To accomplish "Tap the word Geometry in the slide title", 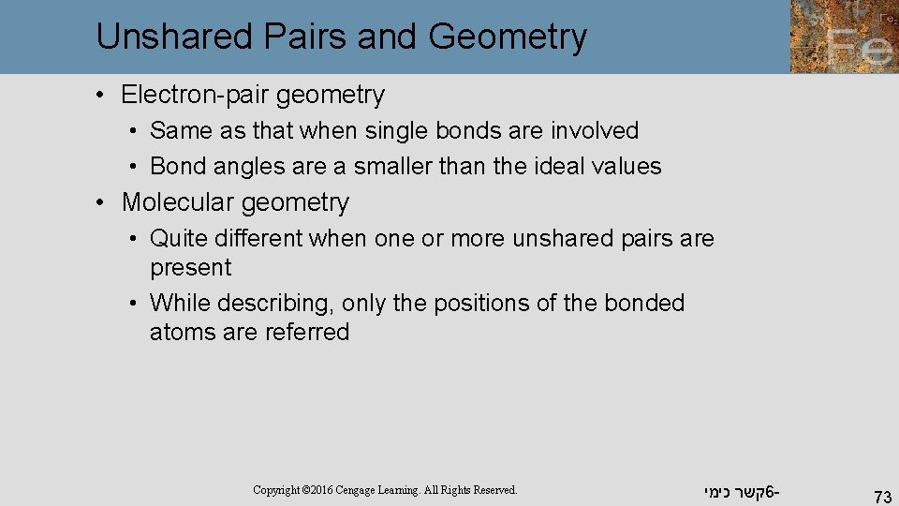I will pyautogui.click(x=508, y=37).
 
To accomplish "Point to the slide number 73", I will pyautogui.click(x=881, y=496).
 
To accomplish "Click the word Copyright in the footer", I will pyautogui.click(x=276, y=490).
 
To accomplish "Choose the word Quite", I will pyautogui.click(x=176, y=239).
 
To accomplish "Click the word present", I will pyautogui.click(x=190, y=267).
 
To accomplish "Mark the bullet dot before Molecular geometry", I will pyautogui.click(x=108, y=202).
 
